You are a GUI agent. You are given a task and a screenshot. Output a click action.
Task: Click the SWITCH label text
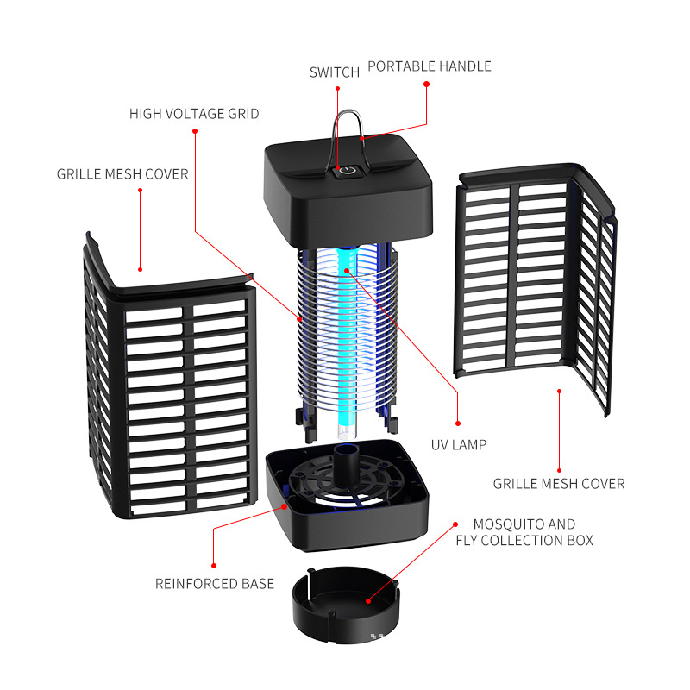click(335, 72)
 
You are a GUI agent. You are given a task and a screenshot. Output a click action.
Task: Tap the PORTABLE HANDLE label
click(430, 66)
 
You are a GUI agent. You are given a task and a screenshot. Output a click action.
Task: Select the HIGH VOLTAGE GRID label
click(194, 114)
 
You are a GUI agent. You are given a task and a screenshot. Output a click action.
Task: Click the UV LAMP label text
click(459, 445)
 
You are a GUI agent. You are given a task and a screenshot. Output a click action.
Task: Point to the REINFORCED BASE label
click(215, 584)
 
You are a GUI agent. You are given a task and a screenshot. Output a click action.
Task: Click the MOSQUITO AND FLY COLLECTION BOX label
click(524, 532)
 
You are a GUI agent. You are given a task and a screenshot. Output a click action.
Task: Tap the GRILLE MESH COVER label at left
click(122, 174)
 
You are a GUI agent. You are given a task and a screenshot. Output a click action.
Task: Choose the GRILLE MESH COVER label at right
click(559, 484)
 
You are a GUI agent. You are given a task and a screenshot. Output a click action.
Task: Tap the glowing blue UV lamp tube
click(347, 345)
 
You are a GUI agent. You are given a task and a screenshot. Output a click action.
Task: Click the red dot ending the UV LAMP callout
click(458, 423)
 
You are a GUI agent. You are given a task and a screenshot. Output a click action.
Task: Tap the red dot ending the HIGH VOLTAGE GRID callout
click(196, 131)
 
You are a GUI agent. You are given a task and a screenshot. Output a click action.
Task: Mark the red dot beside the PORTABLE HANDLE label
click(425, 84)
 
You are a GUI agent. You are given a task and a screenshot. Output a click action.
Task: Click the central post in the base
click(348, 466)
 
